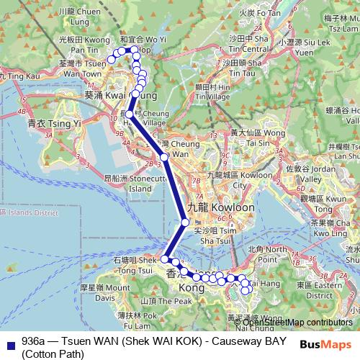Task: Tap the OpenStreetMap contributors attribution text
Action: pyautogui.click(x=292, y=322)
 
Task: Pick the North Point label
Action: pyautogui.click(x=271, y=253)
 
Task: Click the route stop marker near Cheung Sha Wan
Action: pyautogui.click(x=164, y=156)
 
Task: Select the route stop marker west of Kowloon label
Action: pyautogui.click(x=185, y=222)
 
